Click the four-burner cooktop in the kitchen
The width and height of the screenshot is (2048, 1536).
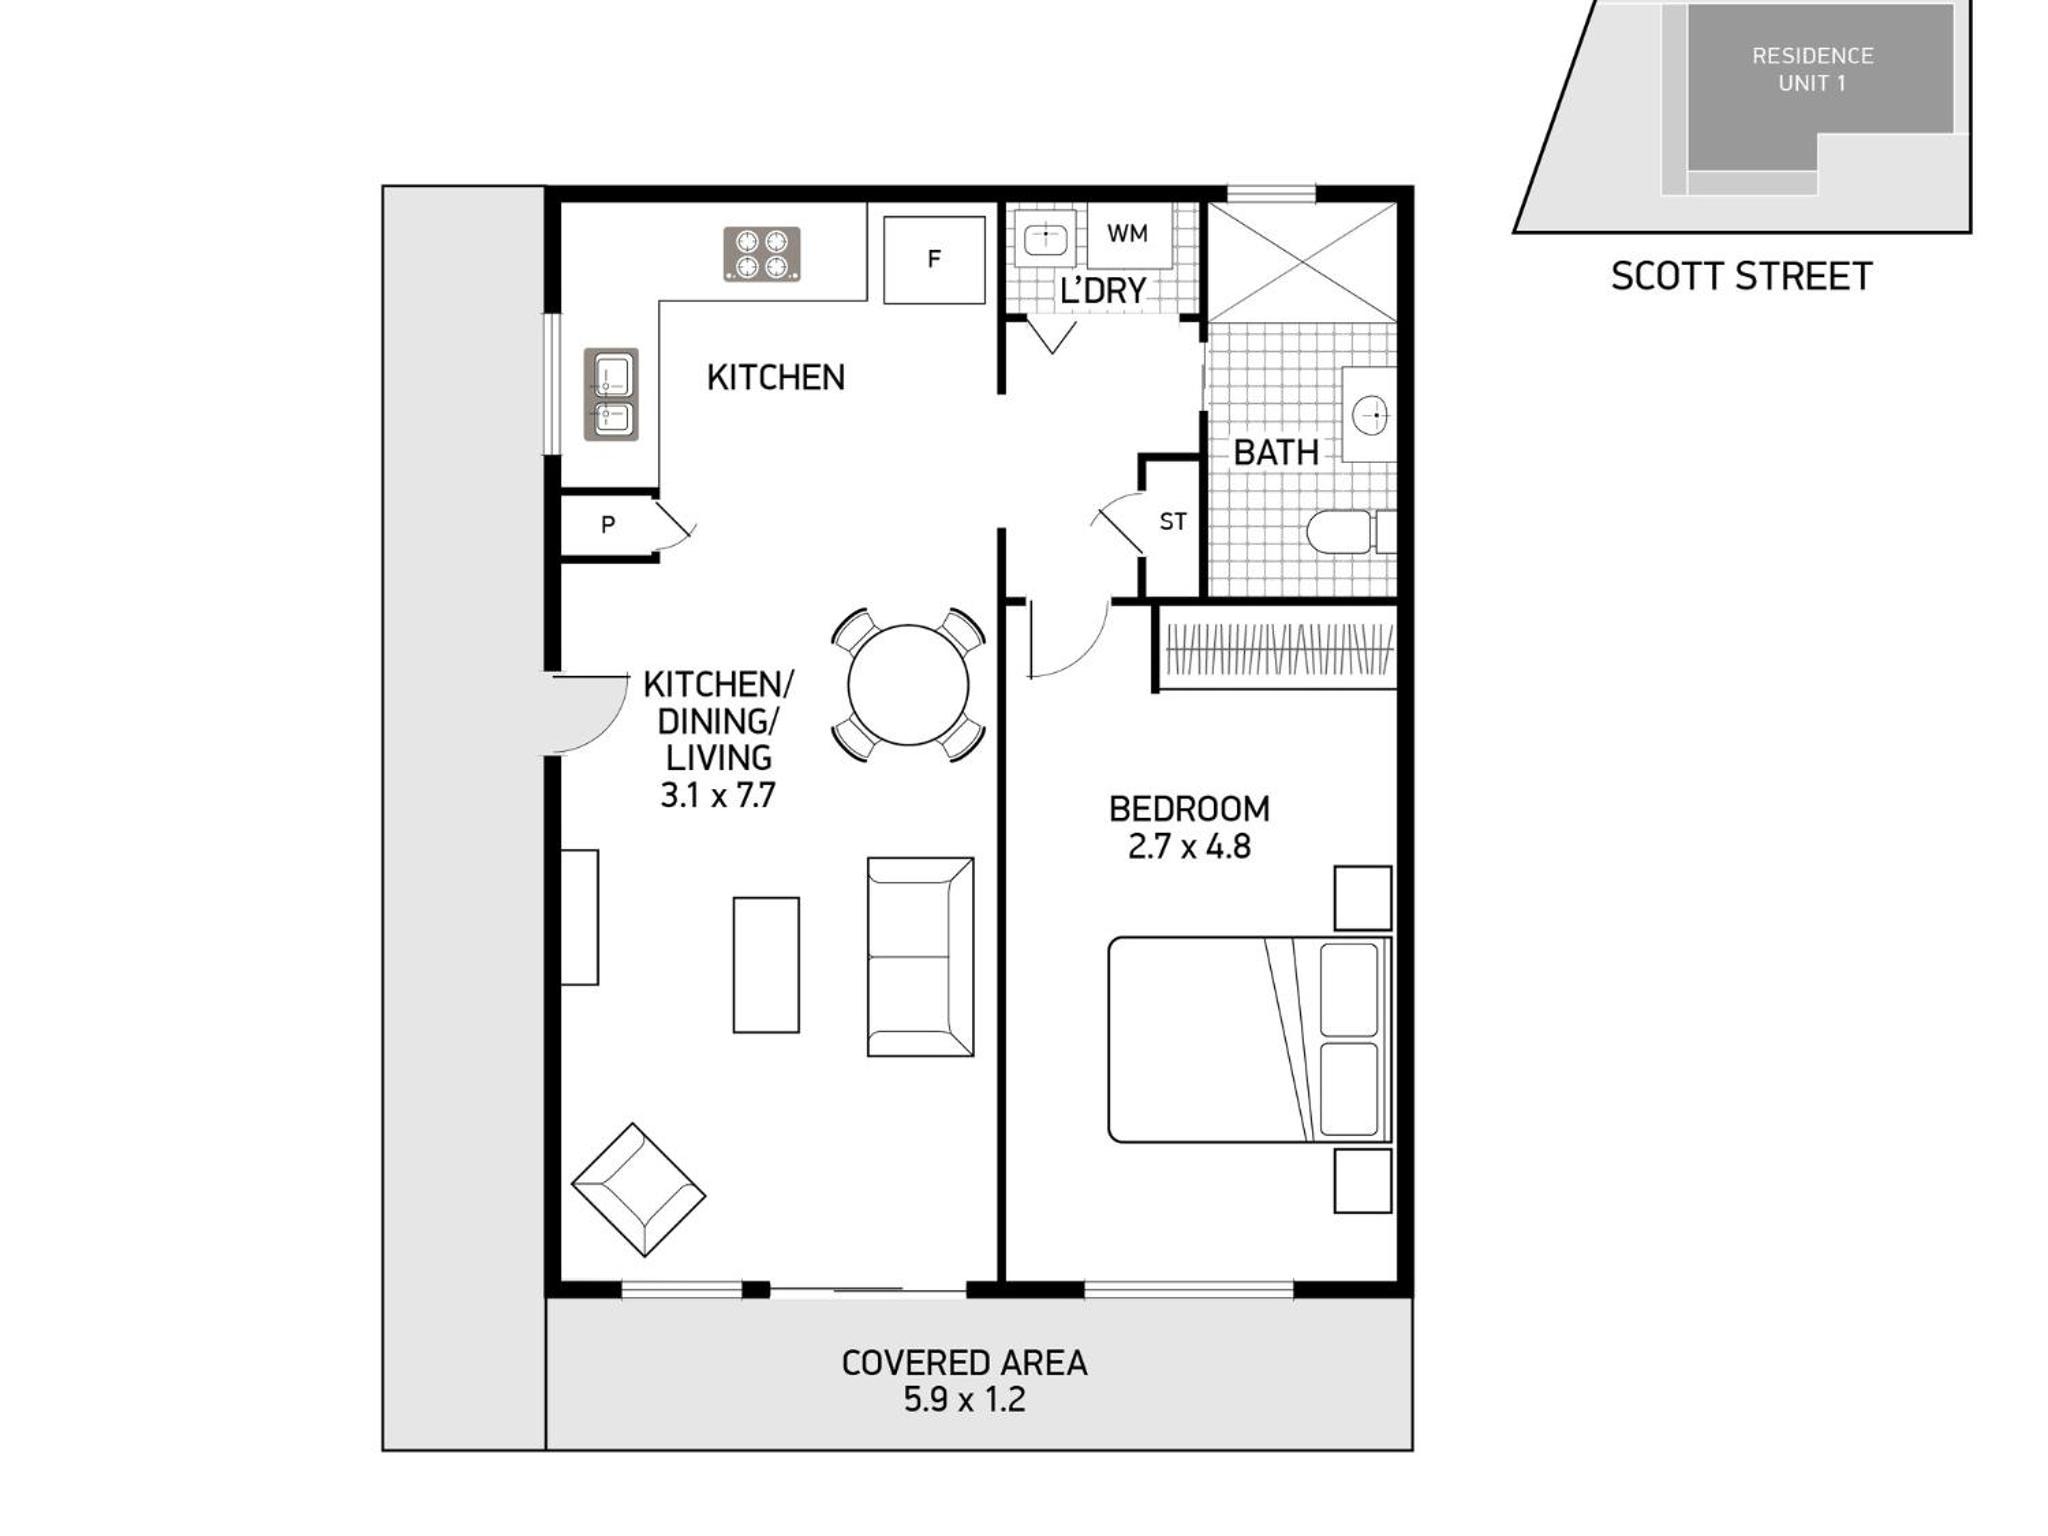[x=762, y=254]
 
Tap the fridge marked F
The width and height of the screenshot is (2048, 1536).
[x=934, y=260]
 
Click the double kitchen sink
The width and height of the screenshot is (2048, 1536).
[x=611, y=394]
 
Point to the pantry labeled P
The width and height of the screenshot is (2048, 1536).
[x=608, y=524]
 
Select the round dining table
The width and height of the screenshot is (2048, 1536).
[x=908, y=685]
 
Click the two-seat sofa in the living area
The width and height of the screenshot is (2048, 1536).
[x=920, y=956]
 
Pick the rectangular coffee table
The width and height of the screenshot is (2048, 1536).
[x=766, y=964]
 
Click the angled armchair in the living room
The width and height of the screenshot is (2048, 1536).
[x=638, y=1190]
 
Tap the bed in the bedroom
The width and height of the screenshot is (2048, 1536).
[x=1250, y=1039]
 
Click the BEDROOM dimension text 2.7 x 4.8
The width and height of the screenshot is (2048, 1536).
[x=1189, y=847]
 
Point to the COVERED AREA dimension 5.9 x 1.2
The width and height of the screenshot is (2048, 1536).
[x=965, y=1399]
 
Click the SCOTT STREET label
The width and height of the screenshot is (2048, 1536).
[x=1741, y=276]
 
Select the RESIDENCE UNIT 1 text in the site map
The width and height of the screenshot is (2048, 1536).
[x=1812, y=70]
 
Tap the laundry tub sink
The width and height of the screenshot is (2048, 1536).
[x=1045, y=239]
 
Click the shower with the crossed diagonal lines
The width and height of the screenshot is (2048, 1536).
[x=1302, y=262]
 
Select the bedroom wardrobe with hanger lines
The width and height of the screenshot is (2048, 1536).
[x=1278, y=648]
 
